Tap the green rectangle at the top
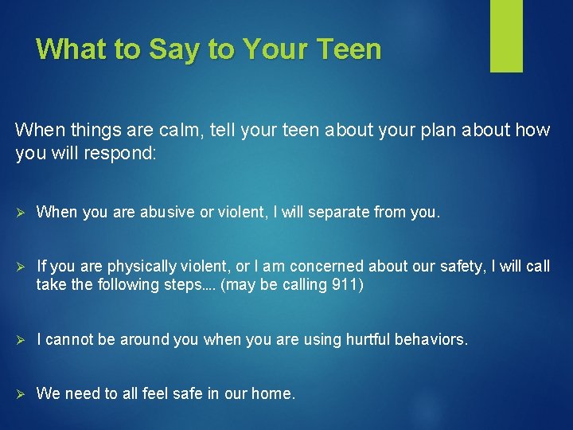pyautogui.click(x=506, y=36)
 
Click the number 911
pyautogui.click(x=347, y=285)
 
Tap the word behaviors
pyautogui.click(x=434, y=339)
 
